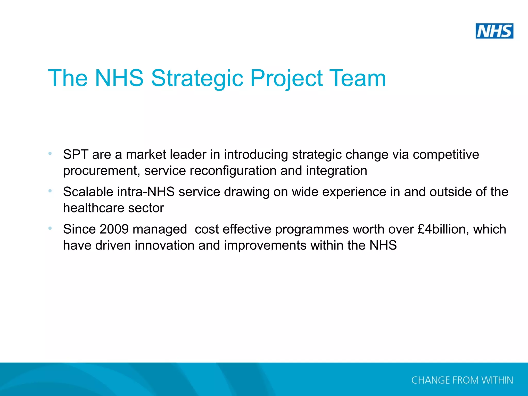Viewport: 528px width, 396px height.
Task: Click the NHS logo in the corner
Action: tap(494, 31)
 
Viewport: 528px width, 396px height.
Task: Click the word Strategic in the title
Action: tap(197, 78)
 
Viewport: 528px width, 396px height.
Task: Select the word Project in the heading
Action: tap(286, 78)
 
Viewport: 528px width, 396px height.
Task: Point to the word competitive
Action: tap(446, 155)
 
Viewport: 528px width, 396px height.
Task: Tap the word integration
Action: tap(336, 171)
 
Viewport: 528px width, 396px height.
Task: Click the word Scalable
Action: tap(88, 192)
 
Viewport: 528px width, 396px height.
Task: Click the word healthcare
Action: tap(94, 208)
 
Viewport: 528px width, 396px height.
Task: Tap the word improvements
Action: tap(265, 246)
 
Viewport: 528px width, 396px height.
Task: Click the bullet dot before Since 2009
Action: tap(50, 228)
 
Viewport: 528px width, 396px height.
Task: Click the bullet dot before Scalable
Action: tap(50, 191)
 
